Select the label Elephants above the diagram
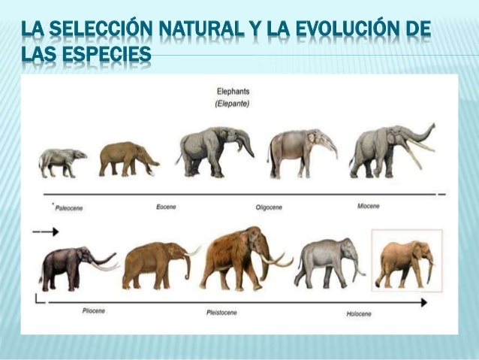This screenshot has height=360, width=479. [233, 92]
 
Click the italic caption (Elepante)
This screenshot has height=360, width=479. [233, 104]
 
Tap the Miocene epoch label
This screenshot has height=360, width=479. [369, 206]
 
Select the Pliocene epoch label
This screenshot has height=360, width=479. [95, 310]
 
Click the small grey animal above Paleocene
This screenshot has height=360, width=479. [62, 162]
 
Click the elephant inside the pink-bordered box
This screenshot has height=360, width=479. [405, 263]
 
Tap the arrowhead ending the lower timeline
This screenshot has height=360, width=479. [424, 302]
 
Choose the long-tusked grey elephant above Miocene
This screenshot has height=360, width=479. [387, 150]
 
